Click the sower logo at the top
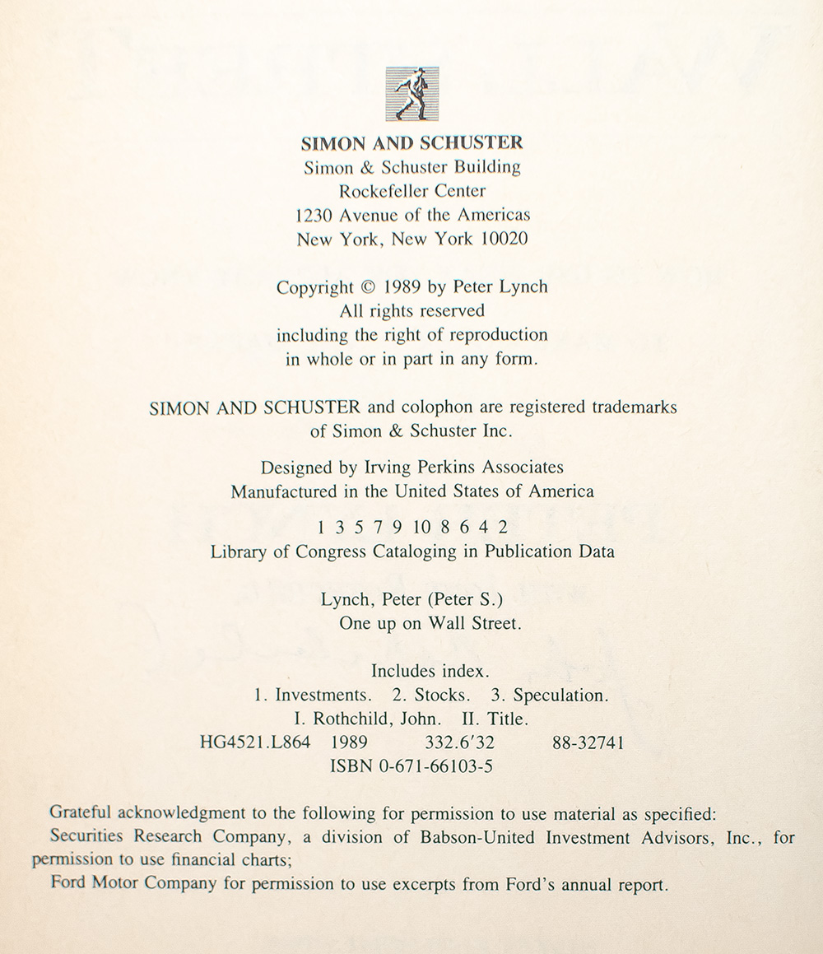coord(411,94)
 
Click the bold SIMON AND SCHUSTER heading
coord(411,142)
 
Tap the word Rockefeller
coord(370,191)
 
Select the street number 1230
coord(313,216)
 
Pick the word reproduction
coord(502,335)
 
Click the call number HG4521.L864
coord(255,742)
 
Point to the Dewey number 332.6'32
coord(459,742)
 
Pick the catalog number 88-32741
coord(588,742)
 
